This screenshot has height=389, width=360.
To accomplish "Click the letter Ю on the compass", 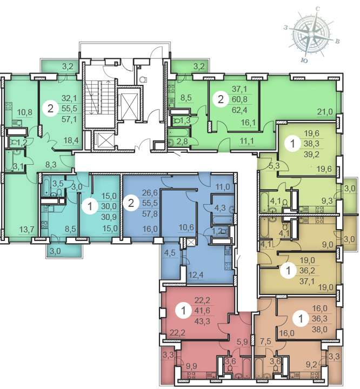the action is (x=304, y=60).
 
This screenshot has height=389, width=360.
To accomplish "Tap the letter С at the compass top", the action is (x=317, y=9).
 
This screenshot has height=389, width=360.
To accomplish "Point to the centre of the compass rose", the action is (x=311, y=34).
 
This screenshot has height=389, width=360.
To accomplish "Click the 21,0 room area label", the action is (x=325, y=112).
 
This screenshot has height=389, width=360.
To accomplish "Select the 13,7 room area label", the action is (x=26, y=230).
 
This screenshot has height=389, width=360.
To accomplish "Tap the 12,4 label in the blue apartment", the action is (x=196, y=274).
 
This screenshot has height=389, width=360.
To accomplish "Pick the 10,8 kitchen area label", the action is (x=24, y=112).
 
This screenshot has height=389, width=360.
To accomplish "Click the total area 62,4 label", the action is (x=239, y=110).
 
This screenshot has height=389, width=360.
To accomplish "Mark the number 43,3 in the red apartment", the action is (x=202, y=321).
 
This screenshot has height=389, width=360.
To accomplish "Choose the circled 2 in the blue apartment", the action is (x=131, y=203).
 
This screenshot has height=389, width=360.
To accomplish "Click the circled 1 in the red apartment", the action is (x=183, y=310).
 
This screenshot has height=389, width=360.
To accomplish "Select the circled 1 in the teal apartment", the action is (x=90, y=206).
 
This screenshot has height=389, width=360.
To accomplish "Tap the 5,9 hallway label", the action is (x=242, y=342).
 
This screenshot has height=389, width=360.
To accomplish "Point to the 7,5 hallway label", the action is (x=265, y=341).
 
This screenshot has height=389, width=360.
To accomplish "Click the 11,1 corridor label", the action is (x=247, y=141).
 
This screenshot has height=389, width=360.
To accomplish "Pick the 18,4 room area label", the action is (x=70, y=140).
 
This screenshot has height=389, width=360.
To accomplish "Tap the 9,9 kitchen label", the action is (x=191, y=366).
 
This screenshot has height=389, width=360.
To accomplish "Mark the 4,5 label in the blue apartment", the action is (x=170, y=252).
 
